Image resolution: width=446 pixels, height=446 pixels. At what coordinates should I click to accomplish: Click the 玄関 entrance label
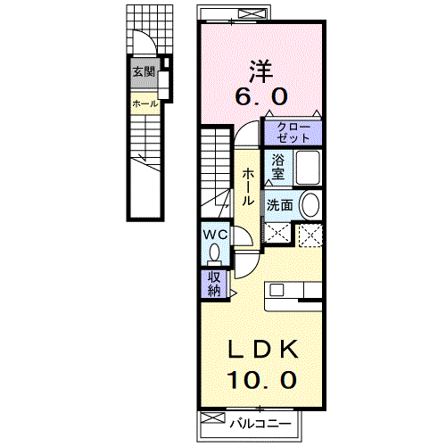tap(144, 71)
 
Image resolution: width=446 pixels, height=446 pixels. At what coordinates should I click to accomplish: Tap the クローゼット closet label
tap(293, 133)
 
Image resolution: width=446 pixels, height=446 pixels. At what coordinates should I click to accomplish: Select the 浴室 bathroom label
tap(277, 167)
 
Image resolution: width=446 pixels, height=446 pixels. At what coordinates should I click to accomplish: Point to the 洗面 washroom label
tap(279, 205)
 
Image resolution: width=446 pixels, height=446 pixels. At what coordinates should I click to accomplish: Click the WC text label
tap(215, 235)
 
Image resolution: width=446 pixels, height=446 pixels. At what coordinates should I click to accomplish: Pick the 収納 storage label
tap(214, 284)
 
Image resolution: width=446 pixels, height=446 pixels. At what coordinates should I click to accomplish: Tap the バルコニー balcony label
tap(260, 424)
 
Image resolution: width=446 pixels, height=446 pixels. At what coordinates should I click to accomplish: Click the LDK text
tap(263, 349)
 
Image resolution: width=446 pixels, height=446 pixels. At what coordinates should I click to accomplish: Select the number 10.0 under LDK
tap(261, 380)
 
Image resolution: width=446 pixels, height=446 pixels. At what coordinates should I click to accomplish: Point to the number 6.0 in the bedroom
tap(261, 96)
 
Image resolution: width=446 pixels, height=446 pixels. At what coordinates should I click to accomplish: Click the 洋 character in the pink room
tap(261, 71)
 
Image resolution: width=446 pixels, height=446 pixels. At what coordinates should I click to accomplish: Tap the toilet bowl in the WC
tap(214, 253)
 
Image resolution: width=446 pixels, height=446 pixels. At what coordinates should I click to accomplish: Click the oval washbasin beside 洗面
tap(310, 205)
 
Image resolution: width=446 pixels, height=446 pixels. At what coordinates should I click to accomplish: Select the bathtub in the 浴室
tap(308, 168)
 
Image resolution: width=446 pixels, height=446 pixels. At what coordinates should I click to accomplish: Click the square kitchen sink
tap(277, 290)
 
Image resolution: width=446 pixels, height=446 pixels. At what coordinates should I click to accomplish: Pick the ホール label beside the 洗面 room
tap(248, 186)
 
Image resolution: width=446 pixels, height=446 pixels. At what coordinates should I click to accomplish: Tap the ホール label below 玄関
tap(145, 103)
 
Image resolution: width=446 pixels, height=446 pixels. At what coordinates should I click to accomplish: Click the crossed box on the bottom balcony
tap(212, 417)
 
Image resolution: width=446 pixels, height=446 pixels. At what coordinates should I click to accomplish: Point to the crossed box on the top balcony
tap(252, 13)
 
